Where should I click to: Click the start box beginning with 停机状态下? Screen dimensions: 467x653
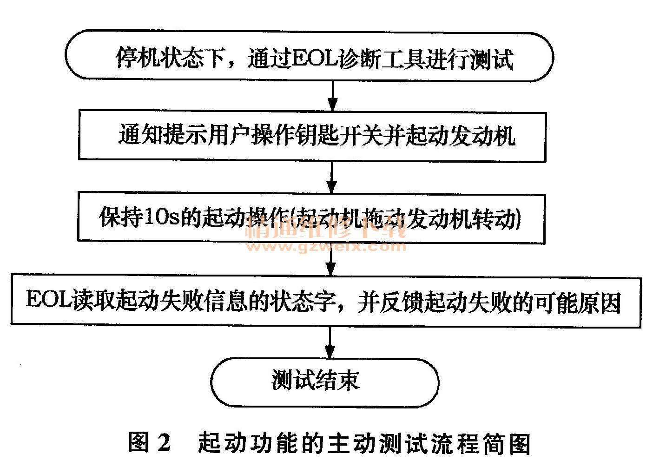click(309, 57)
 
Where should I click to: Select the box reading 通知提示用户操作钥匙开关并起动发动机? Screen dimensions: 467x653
click(311, 136)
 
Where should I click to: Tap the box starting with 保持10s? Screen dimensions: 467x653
click(310, 217)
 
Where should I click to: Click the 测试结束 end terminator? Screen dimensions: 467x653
click(324, 382)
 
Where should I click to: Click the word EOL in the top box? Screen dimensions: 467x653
click(315, 59)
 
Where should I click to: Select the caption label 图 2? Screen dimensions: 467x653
click(150, 443)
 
